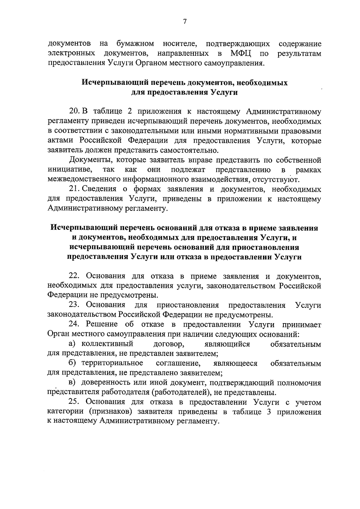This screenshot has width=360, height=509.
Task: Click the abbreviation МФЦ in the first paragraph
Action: (241, 54)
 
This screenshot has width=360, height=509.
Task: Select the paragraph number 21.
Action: (74, 189)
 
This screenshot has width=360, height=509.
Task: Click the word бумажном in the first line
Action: (135, 44)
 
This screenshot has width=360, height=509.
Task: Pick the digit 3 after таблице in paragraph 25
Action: (268, 412)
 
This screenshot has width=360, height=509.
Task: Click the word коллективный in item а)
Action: (107, 344)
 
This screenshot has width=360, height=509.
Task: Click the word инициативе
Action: (70, 170)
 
